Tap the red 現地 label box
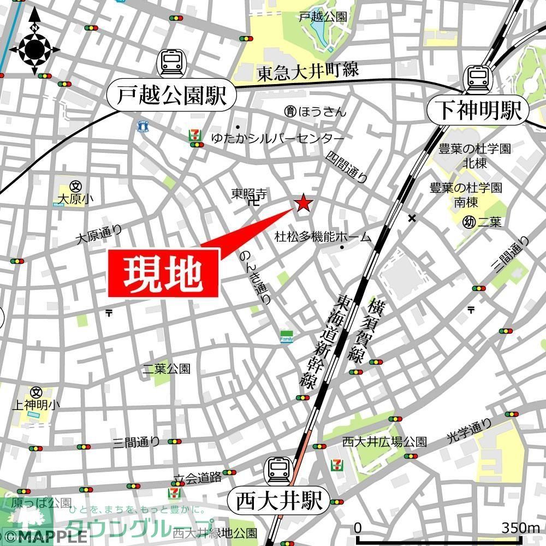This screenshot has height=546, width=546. [164, 273]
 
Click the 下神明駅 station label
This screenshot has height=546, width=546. [478, 111]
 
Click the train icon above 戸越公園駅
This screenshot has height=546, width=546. [171, 63]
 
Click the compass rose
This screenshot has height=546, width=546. [34, 50]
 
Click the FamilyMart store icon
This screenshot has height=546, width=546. [287, 337]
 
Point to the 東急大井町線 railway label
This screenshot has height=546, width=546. [308, 72]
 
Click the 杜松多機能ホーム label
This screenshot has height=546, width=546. [322, 237]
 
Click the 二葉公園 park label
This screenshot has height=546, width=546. [166, 369]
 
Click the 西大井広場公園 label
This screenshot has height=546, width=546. [384, 442]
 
